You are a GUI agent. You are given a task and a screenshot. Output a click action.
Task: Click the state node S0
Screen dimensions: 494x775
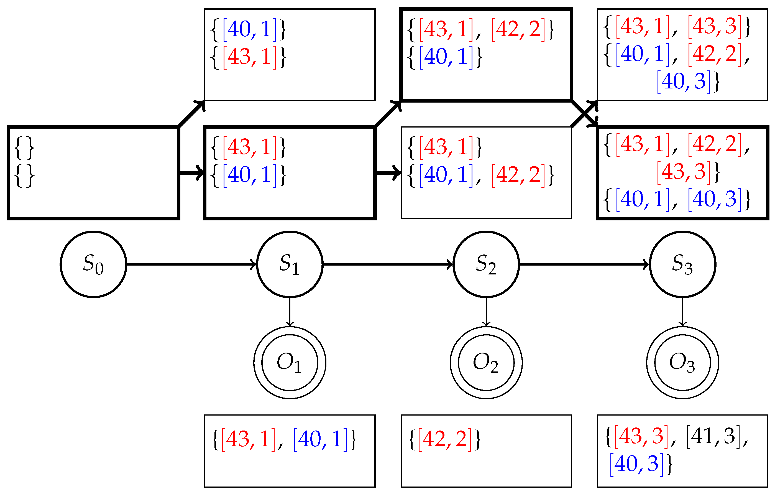(93, 264)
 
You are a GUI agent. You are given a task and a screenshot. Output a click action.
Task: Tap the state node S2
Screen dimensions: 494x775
(486, 264)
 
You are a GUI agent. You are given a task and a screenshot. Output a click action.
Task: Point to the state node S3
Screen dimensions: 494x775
(683, 264)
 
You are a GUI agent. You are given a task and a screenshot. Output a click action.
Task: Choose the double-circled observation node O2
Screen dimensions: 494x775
(486, 363)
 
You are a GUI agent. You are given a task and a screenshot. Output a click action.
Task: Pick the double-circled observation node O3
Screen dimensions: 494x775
(683, 363)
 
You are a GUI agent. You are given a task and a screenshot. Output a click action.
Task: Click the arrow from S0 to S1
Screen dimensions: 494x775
(191, 264)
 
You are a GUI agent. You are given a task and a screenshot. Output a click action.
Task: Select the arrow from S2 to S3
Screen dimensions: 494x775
(584, 264)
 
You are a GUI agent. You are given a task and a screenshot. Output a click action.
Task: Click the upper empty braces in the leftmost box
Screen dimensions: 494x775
(24, 148)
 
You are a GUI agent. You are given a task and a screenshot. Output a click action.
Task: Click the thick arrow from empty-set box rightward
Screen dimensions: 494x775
(192, 173)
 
